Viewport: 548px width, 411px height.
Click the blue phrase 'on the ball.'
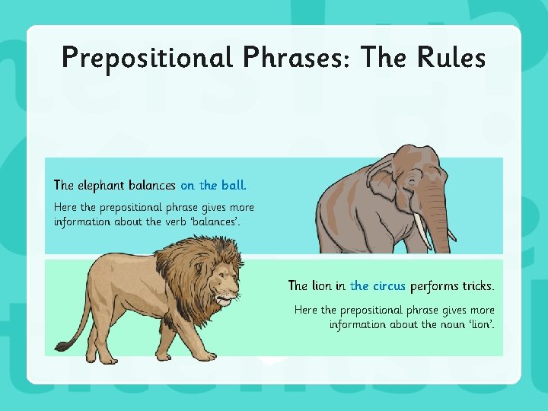click(x=213, y=185)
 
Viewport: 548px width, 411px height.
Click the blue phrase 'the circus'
click(x=378, y=286)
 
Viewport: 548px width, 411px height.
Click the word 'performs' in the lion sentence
click(x=433, y=287)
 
